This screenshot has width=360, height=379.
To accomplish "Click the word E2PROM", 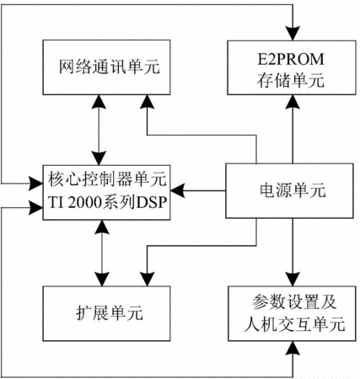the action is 291,59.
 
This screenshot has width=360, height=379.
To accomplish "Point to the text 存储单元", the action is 291,81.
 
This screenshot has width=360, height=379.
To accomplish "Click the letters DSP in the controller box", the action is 152,202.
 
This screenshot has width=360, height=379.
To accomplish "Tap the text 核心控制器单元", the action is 108,179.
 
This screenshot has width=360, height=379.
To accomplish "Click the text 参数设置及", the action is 294,302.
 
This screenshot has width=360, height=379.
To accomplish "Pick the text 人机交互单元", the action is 294,324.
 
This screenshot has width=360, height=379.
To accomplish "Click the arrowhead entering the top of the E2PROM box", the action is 293,34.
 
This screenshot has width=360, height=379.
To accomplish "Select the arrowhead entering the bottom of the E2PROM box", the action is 293,102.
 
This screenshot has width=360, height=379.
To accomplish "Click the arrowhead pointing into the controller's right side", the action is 178,191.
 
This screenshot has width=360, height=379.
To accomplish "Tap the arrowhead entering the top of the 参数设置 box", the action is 293,279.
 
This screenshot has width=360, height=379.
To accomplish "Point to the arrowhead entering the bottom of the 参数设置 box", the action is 293,348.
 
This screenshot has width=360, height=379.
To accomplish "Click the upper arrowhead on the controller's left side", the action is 35,184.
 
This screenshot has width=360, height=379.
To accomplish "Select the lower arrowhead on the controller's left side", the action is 35,208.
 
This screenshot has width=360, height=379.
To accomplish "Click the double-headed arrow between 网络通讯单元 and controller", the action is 99,130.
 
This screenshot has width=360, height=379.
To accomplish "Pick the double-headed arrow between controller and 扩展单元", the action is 102,254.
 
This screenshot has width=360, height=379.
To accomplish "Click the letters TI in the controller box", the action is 56,202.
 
